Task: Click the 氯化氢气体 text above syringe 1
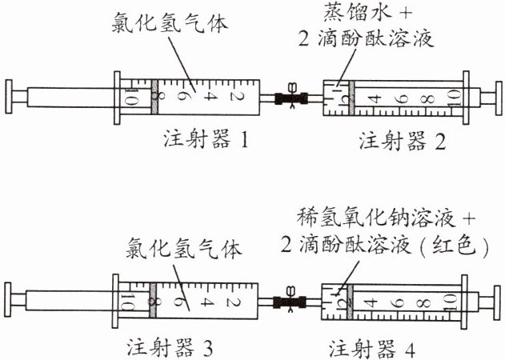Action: (x=170, y=23)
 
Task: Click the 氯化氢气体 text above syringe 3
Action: (x=183, y=248)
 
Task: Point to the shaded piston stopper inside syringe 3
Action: (x=151, y=302)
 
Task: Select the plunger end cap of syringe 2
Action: (x=495, y=98)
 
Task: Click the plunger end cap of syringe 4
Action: (x=495, y=302)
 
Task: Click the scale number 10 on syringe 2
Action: (x=452, y=100)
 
